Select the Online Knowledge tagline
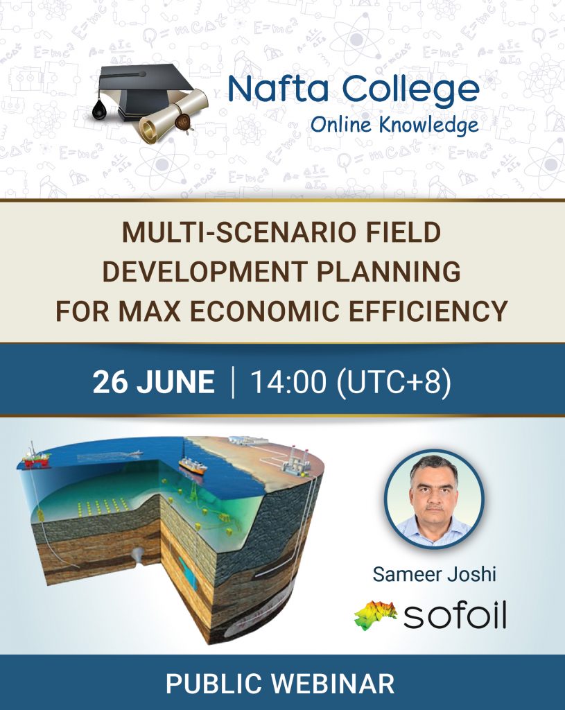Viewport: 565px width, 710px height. tap(394, 125)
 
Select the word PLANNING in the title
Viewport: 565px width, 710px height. tap(388, 272)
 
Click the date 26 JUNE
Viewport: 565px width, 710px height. tap(154, 382)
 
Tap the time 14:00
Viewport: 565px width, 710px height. tap(288, 382)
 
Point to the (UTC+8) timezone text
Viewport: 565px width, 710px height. tap(394, 383)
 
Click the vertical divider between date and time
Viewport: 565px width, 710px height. tap(233, 383)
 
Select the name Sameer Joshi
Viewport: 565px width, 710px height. tap(434, 573)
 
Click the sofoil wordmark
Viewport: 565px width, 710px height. tap(455, 616)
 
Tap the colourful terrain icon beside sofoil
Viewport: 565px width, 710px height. tap(375, 615)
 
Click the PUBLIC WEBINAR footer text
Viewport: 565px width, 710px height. tap(280, 683)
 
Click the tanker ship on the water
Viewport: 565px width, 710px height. tap(193, 466)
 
